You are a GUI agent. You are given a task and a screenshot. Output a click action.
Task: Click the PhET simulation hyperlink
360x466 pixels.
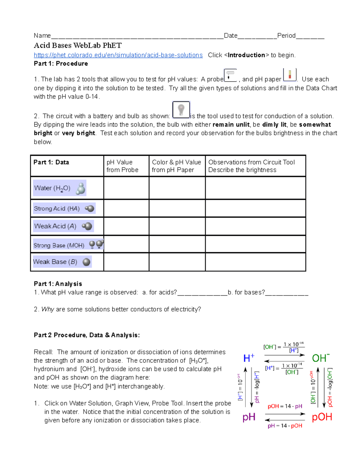click(118, 55)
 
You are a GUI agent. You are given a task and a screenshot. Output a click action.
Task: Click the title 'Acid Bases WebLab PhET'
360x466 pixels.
click(78, 45)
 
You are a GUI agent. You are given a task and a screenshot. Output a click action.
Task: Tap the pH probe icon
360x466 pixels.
click(230, 75)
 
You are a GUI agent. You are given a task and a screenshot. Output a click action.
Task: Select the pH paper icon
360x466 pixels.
click(289, 75)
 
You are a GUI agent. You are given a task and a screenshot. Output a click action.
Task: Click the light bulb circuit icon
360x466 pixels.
click(181, 110)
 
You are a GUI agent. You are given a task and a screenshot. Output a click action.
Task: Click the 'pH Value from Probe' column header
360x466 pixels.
click(122, 166)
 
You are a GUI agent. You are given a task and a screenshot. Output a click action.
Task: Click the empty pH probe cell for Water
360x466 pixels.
click(126, 188)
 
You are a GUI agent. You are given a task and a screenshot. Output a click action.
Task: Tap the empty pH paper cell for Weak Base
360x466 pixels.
click(177, 262)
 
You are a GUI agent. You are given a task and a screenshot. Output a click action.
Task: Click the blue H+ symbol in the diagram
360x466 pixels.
click(249, 358)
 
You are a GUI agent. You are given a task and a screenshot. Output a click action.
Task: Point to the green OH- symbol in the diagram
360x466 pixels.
click(321, 358)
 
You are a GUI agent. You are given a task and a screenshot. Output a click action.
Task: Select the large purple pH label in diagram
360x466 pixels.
click(249, 417)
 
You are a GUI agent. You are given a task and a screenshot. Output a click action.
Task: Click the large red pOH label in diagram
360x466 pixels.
click(322, 417)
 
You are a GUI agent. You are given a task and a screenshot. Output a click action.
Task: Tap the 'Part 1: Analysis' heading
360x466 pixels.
click(58, 284)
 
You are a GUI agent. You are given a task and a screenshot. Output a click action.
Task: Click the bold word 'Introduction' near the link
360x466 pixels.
click(246, 55)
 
